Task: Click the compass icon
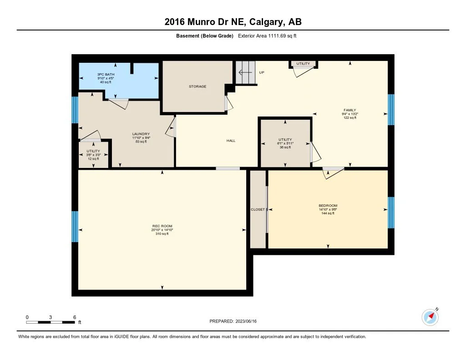(430, 317)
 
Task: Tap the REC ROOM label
(162, 226)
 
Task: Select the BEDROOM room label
(328, 205)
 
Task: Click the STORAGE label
(198, 86)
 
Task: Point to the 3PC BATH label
(106, 74)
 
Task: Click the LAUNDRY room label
(141, 134)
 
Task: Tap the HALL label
(231, 141)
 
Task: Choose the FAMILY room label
(350, 110)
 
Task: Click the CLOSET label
(258, 209)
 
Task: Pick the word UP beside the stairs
(262, 72)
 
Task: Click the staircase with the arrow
(245, 72)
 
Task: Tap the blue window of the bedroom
(391, 213)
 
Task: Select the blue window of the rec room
(75, 227)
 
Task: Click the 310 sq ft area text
(162, 233)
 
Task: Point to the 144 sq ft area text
(328, 213)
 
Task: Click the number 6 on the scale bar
(75, 317)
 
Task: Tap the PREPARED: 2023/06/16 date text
(233, 321)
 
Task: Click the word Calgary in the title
(266, 22)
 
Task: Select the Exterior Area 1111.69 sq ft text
(267, 36)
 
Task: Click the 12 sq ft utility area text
(93, 159)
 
